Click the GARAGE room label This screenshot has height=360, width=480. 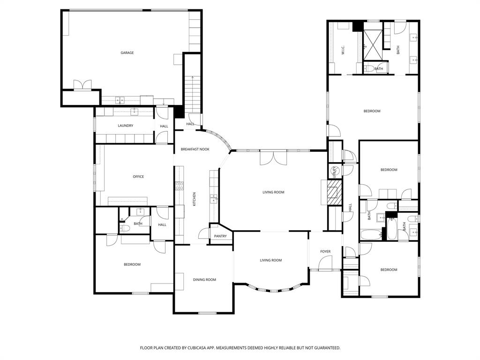point(127,53)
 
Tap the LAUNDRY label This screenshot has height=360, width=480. point(125,126)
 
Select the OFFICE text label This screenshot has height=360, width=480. point(138,177)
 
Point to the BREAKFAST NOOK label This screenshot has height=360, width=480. point(195,150)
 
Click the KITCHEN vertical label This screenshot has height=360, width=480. point(194,199)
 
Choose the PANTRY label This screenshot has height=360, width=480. point(220,236)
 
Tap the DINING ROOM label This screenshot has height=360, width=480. point(204,280)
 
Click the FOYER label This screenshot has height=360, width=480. point(325,252)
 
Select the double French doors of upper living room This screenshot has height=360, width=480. point(273,158)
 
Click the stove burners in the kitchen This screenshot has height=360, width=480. point(179,186)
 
